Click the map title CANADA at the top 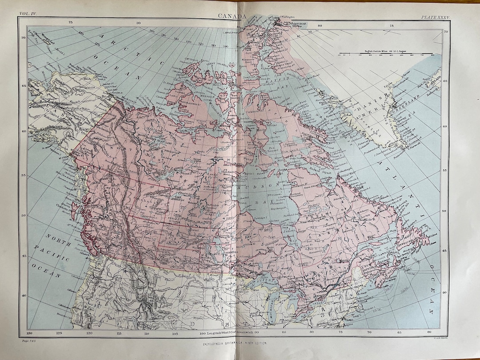tap(232, 16)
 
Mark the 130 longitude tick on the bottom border tap(29, 333)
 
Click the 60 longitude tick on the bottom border tap(428, 333)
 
